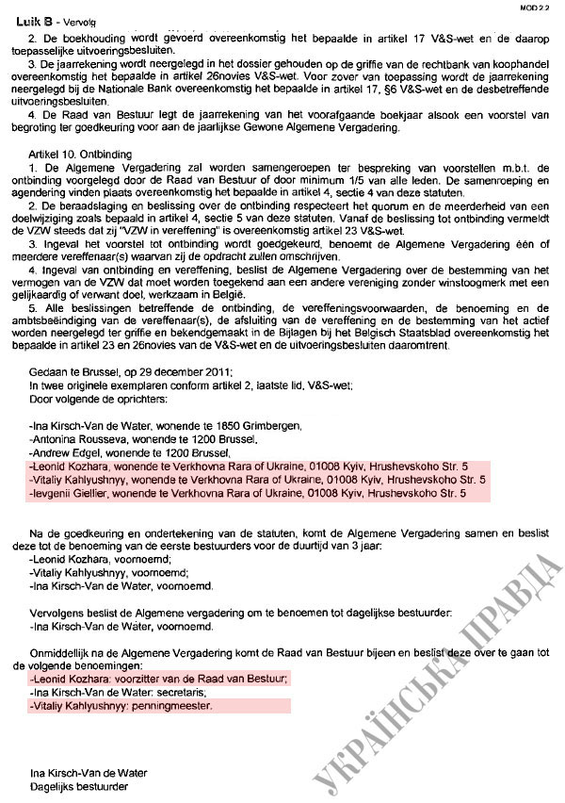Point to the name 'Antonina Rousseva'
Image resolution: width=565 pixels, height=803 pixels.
77,439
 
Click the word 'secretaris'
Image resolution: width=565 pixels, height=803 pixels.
167,691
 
